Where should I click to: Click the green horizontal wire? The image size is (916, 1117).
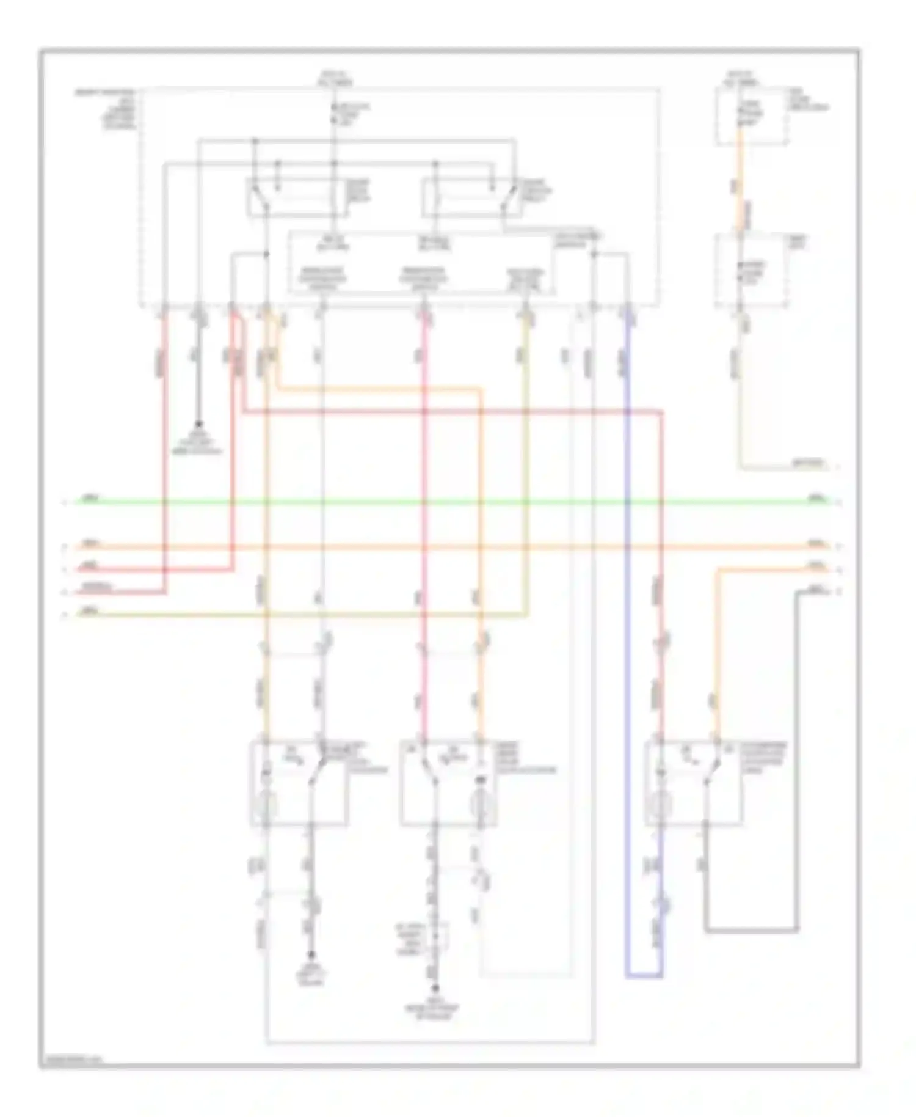tap(427, 502)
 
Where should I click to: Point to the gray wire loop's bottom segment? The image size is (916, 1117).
tap(751, 931)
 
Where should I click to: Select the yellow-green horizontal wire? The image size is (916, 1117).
tap(305, 615)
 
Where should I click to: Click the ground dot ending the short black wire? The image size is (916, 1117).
tap(198, 424)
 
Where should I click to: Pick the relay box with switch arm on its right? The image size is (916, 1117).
tap(470, 197)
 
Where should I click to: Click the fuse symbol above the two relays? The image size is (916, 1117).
tap(334, 114)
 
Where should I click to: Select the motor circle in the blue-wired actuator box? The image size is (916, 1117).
tap(660, 805)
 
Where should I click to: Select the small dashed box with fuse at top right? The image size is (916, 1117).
tap(751, 116)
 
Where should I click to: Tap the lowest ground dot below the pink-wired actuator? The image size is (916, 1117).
tap(435, 987)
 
